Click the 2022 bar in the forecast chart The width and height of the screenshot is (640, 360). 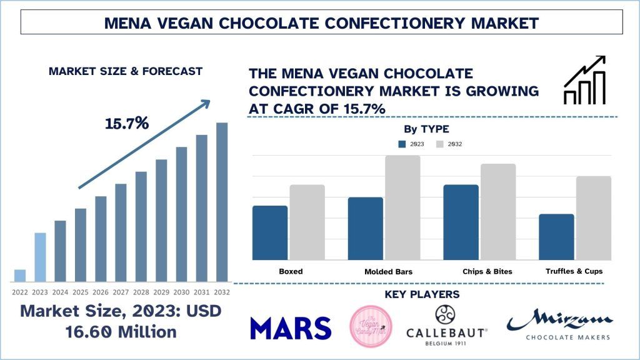(x=20, y=275)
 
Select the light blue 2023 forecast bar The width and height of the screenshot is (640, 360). (x=40, y=257)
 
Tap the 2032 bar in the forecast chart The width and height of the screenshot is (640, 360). (x=222, y=201)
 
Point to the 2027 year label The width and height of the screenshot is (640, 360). (x=121, y=291)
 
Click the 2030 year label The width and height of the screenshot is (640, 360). (x=181, y=291)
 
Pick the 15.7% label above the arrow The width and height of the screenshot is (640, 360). (x=127, y=123)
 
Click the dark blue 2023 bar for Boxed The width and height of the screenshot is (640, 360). (x=270, y=232)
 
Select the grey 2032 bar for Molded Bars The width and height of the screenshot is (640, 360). (x=403, y=207)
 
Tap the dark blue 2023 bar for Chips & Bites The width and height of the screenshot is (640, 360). (x=461, y=222)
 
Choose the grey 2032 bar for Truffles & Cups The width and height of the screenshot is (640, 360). (x=594, y=217)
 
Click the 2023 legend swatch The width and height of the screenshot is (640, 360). (x=402, y=144)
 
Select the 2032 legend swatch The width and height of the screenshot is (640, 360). (x=440, y=144)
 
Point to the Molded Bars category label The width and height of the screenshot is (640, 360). (x=388, y=272)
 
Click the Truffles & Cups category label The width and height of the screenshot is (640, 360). (x=574, y=271)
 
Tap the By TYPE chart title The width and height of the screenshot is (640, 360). (x=426, y=129)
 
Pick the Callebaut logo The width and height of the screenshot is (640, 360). (x=447, y=325)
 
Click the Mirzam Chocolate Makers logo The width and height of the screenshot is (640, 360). (x=559, y=326)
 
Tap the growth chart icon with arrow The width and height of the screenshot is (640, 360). (x=584, y=80)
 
